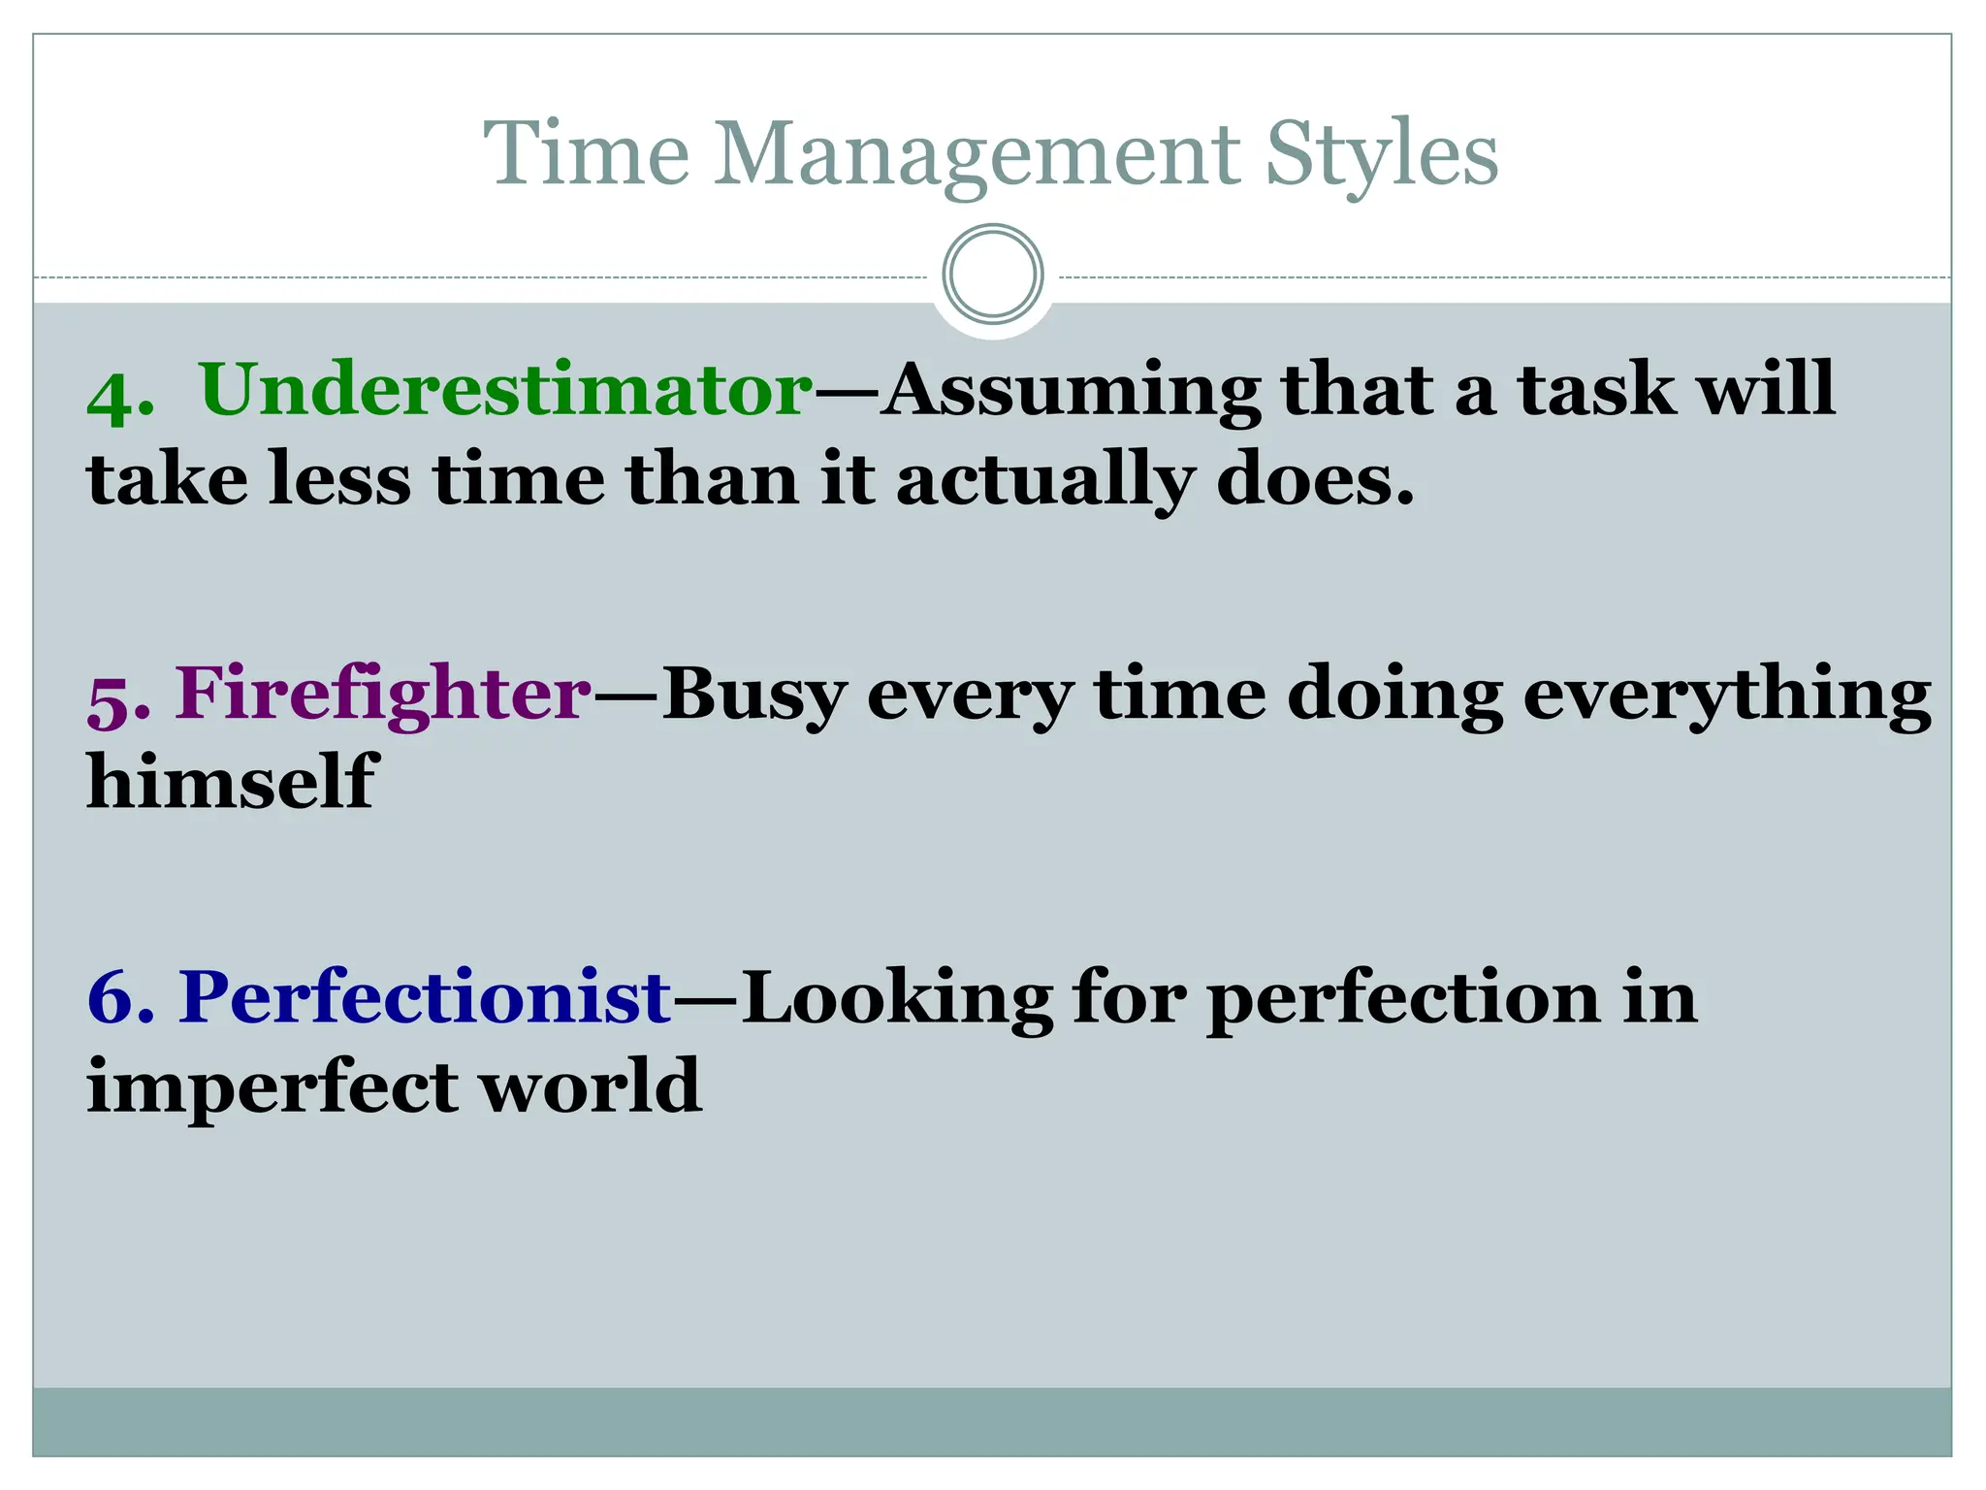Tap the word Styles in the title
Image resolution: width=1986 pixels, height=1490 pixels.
pos(1381,155)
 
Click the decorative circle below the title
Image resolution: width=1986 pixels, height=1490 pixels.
pos(993,275)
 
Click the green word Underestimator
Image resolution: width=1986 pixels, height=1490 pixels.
pos(505,390)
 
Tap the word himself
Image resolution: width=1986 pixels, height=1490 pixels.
pos(230,781)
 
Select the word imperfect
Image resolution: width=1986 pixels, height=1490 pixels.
pos(271,1086)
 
